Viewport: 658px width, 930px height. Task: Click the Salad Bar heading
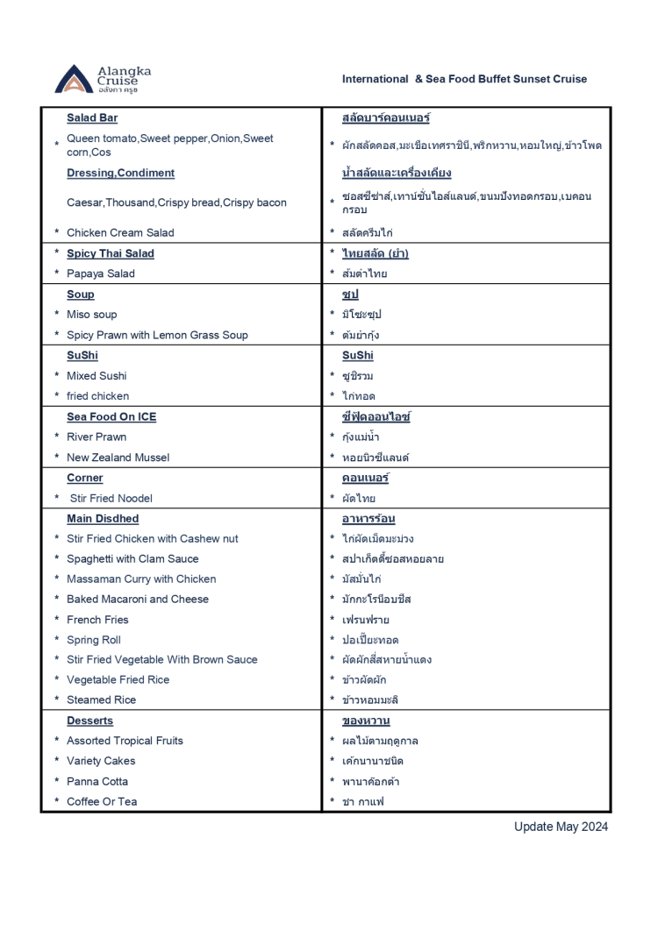[92, 118]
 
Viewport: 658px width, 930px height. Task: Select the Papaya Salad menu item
[101, 273]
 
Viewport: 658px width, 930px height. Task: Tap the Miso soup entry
[91, 315]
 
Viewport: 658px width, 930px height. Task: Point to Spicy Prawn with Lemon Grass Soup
[157, 335]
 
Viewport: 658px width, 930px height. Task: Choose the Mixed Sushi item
[97, 376]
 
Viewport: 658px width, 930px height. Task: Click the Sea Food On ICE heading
[111, 417]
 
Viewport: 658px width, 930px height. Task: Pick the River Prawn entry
[97, 437]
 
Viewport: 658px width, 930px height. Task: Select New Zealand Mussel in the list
[118, 458]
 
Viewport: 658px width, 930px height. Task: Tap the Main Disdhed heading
[103, 519]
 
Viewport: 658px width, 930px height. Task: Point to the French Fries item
[97, 620]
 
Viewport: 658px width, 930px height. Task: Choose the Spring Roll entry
[94, 640]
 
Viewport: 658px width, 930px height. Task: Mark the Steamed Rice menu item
[101, 700]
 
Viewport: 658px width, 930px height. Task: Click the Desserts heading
[90, 721]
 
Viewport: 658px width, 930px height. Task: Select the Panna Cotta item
[97, 782]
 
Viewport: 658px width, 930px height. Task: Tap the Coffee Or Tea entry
[102, 802]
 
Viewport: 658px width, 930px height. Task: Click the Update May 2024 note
[561, 827]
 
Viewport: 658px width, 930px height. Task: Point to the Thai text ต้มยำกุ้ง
[361, 335]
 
